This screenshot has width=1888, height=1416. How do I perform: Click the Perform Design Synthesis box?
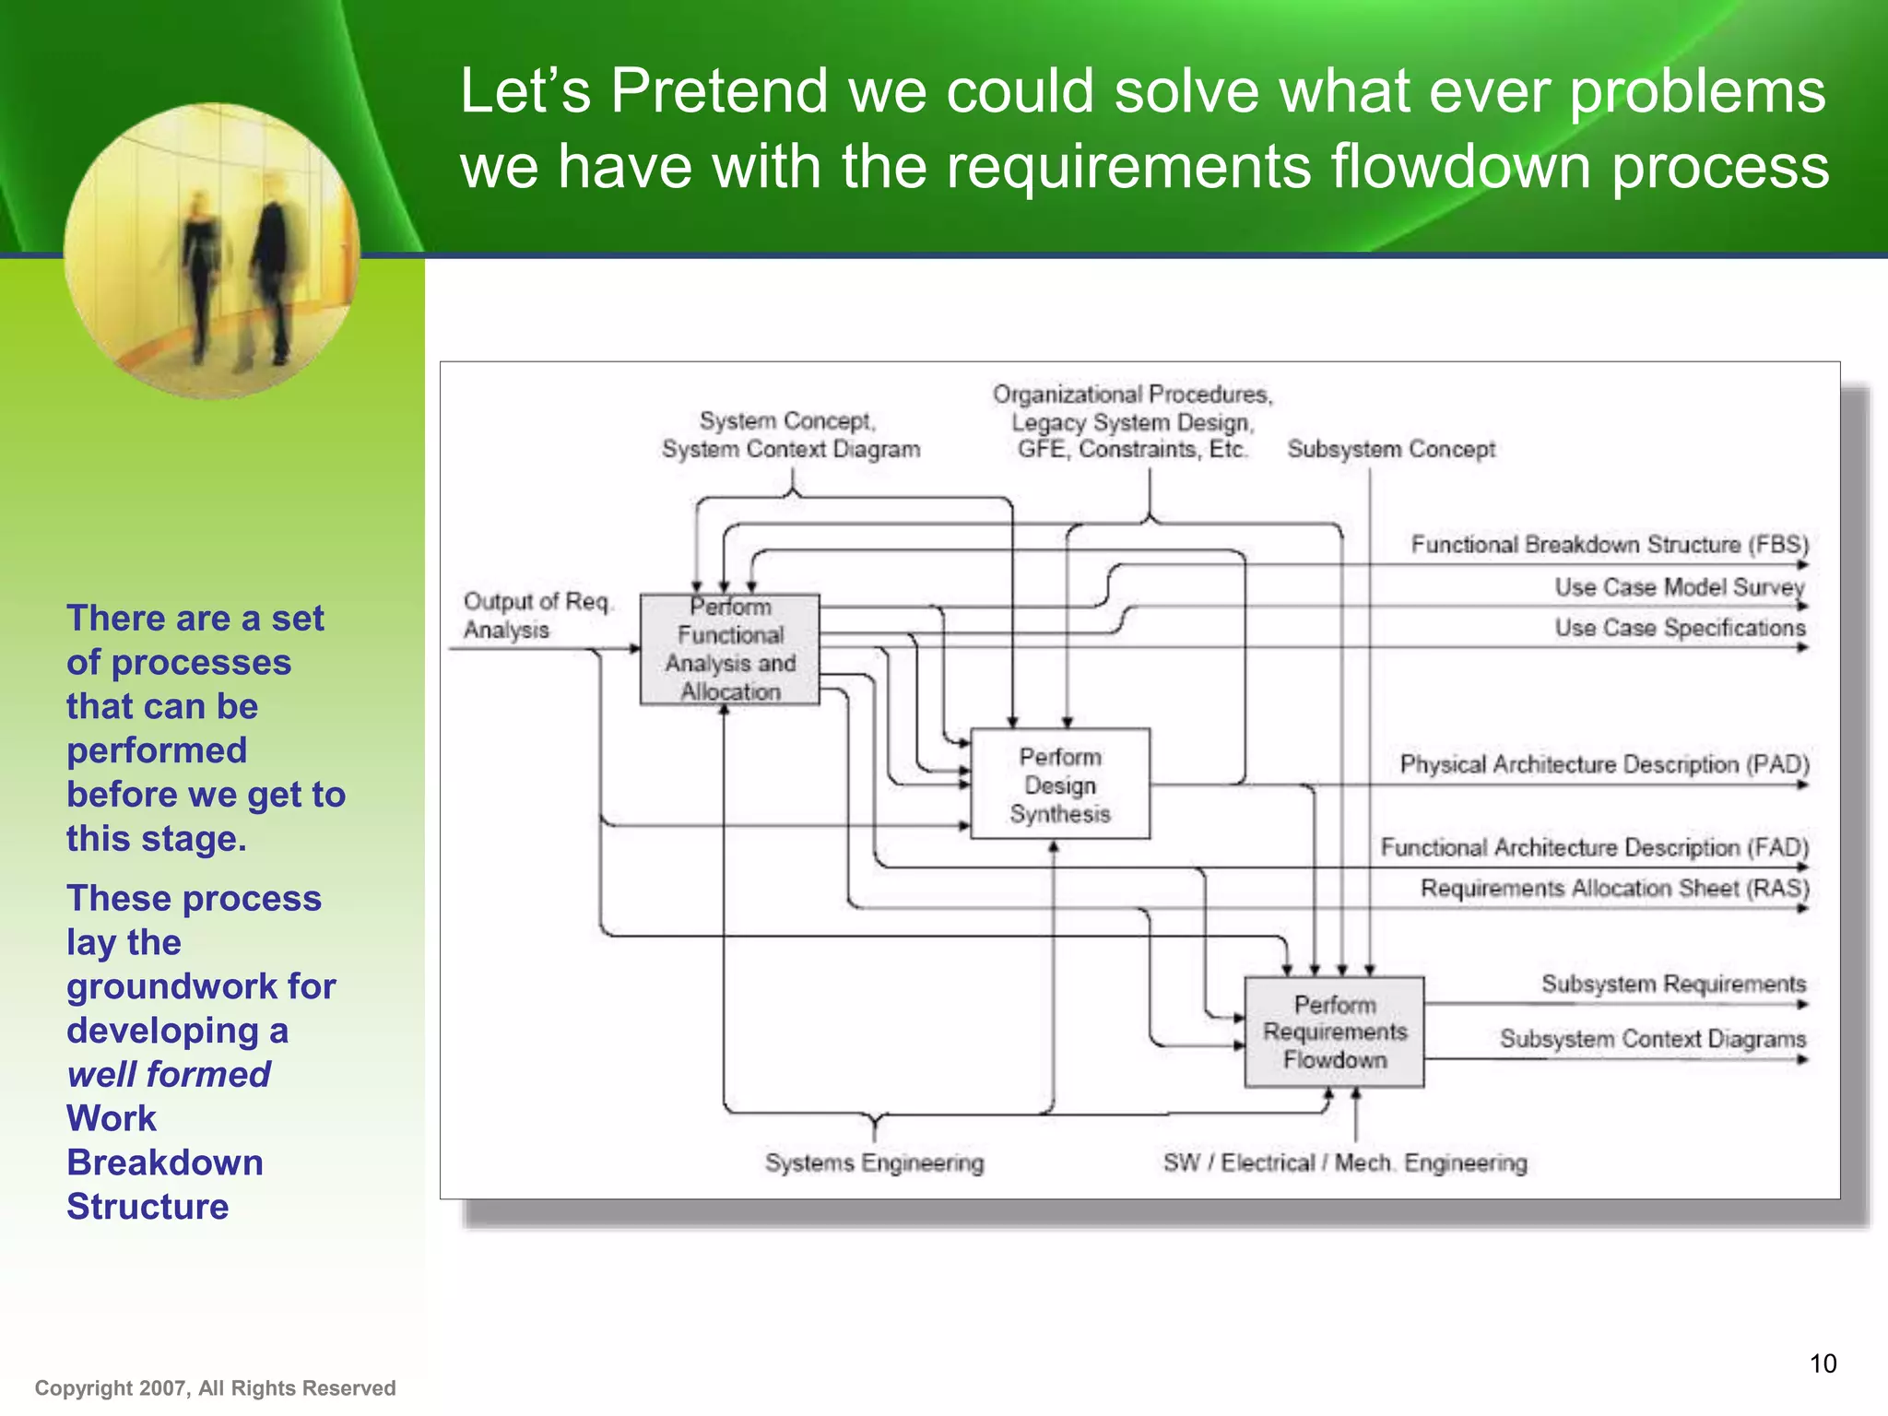point(1060,785)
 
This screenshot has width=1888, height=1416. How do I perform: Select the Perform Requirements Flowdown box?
point(1334,1032)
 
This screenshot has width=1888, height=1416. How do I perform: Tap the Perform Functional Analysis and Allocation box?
point(729,649)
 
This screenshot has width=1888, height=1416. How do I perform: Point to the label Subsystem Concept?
point(1390,449)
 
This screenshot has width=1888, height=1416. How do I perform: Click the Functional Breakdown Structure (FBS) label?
point(1610,544)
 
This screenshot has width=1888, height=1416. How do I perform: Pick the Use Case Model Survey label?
point(1679,586)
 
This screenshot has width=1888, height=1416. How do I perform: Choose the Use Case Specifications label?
point(1679,628)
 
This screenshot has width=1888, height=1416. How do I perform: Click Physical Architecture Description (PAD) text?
point(1604,764)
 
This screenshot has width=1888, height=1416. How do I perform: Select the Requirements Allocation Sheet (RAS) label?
point(1614,888)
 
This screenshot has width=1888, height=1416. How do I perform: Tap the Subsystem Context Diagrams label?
point(1652,1039)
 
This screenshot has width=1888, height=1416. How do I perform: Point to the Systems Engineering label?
point(874,1162)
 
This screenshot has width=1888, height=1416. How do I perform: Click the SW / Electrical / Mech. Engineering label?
point(1344,1162)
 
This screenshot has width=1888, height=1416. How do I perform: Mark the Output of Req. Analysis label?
point(535,615)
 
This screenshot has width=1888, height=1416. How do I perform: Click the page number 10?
point(1823,1363)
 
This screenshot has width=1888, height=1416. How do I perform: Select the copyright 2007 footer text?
point(215,1388)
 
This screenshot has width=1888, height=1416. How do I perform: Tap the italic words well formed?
point(169,1074)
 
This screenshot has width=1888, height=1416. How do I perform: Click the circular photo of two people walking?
point(212,251)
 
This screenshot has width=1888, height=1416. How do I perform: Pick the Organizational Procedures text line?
point(1132,395)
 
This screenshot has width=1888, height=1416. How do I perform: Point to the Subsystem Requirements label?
point(1673,984)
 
